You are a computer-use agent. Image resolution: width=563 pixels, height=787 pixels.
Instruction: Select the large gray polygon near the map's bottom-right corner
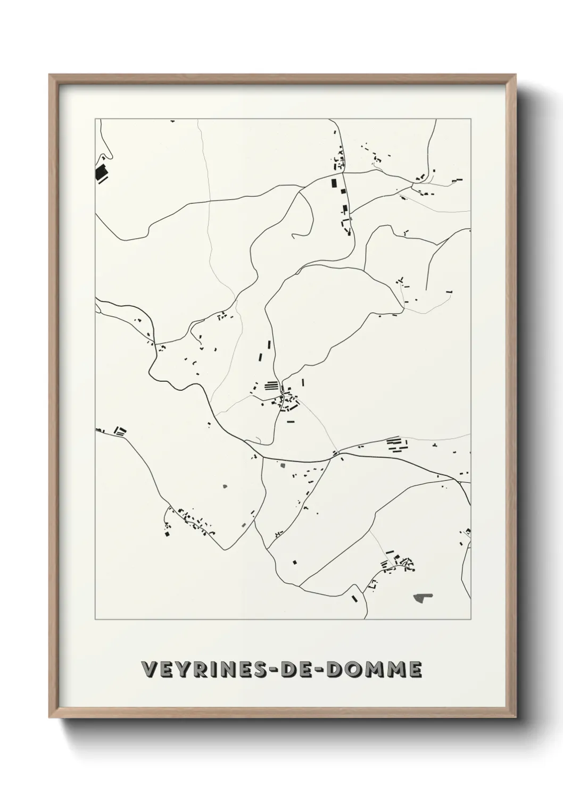423,598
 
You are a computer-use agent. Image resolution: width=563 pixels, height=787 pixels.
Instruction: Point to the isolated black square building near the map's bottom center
294,561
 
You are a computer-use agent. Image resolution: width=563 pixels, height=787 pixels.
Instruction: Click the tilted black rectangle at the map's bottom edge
355,598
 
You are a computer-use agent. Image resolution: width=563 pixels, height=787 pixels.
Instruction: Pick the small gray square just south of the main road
283,465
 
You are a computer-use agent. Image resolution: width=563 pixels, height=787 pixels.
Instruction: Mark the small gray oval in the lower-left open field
225,485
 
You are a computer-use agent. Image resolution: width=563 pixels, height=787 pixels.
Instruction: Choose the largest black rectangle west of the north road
334,184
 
